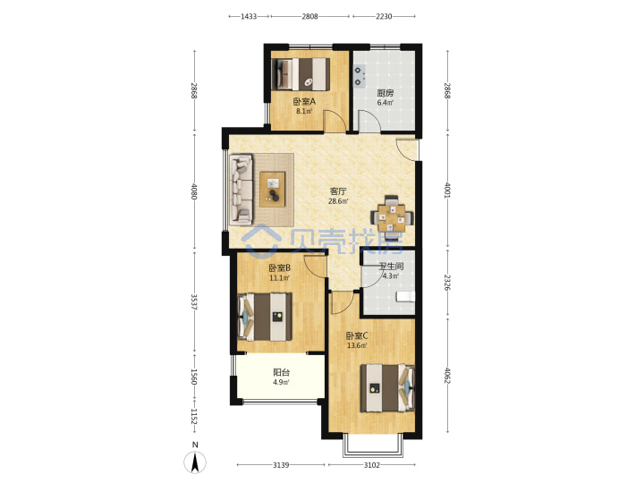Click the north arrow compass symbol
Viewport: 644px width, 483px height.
(x=195, y=462)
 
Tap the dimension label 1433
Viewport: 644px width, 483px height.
(x=249, y=16)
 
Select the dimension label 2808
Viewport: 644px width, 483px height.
(x=309, y=16)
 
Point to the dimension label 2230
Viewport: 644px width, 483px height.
(x=384, y=16)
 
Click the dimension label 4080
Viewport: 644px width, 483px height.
(x=194, y=191)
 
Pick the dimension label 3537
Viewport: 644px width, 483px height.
(x=194, y=301)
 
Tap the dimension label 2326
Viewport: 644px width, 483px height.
(x=448, y=283)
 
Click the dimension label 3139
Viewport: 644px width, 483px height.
(x=281, y=465)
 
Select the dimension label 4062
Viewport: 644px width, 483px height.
(x=448, y=376)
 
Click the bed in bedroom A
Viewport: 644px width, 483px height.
(x=301, y=74)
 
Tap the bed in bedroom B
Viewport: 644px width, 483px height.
(x=265, y=317)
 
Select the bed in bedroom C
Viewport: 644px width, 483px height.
(x=387, y=387)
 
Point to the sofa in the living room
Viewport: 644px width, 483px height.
(x=241, y=190)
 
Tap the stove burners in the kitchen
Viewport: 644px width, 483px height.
(x=359, y=76)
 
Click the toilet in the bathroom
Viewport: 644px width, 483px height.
(x=405, y=296)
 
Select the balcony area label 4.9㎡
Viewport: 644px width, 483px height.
(x=281, y=382)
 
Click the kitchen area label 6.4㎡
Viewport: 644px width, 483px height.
(x=385, y=103)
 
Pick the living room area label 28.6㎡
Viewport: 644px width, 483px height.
(x=338, y=201)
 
